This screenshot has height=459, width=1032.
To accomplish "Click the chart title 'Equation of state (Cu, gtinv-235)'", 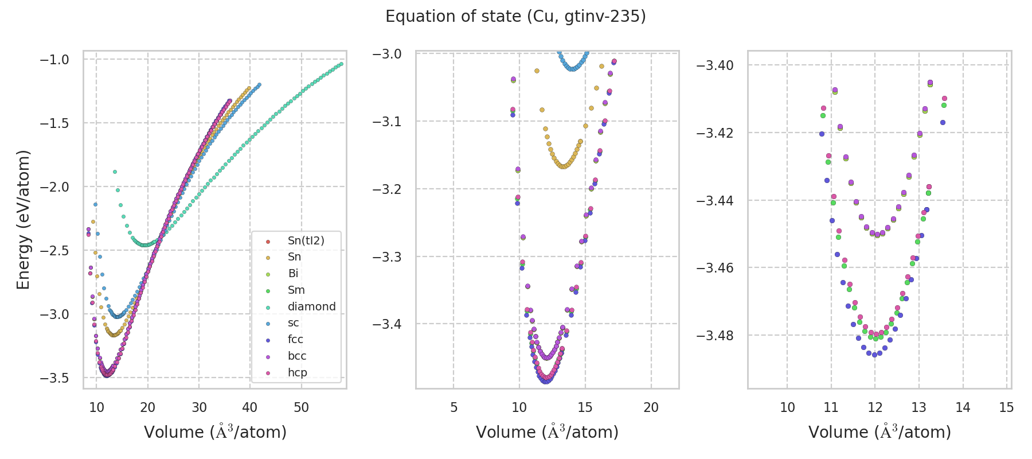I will [515, 17].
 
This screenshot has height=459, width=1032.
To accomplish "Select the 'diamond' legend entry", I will [311, 306].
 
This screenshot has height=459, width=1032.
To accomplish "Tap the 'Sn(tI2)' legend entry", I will [306, 240].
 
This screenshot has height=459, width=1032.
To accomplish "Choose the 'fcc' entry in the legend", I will [295, 340].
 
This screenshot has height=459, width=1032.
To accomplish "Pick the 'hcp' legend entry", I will [298, 373].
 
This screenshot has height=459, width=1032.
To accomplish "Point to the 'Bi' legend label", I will [293, 274].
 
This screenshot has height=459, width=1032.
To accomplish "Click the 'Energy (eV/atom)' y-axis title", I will [23, 219].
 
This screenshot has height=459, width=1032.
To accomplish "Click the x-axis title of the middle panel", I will [547, 432].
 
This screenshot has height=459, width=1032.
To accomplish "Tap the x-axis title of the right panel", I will [879, 432].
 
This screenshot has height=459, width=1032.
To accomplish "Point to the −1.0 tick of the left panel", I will [54, 60].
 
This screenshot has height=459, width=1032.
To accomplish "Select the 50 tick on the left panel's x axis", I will [301, 407].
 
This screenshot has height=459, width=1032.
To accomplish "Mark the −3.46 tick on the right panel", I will [714, 268].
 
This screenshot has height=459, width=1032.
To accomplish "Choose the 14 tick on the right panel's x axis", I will [963, 407].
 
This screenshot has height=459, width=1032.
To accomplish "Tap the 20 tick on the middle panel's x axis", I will [651, 407].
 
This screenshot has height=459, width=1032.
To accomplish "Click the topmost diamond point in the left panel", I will [115, 172].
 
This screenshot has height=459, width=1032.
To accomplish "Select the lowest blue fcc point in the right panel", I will [874, 355].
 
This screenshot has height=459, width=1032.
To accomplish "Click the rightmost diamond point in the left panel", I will [341, 64].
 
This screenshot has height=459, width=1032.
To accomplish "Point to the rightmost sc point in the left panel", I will [259, 85].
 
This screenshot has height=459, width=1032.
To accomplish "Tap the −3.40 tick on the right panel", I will [714, 65].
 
